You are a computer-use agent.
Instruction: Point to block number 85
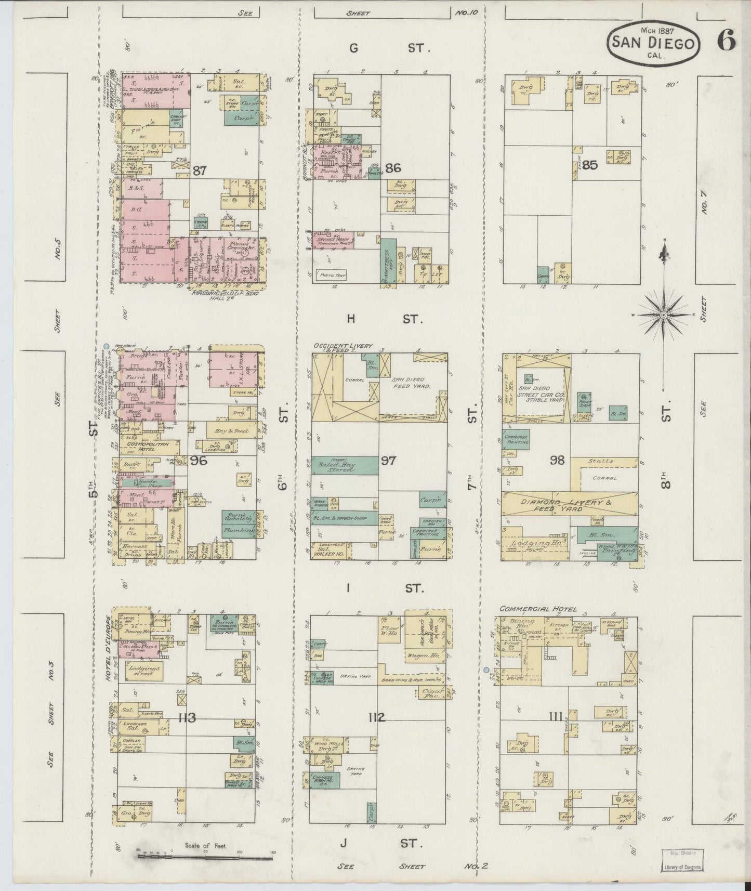(590, 166)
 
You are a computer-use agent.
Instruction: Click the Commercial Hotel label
(538, 609)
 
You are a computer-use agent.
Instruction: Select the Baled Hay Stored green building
(345, 465)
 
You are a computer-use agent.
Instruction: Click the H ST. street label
(381, 319)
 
